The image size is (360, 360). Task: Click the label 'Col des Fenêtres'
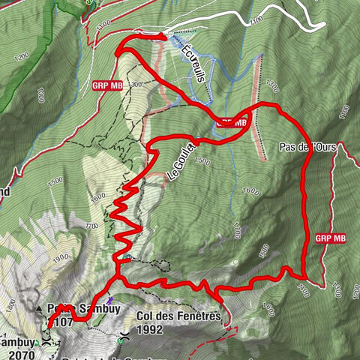tap(179, 316)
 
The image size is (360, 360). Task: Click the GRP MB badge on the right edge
tap(331, 238)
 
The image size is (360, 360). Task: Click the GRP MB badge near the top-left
tap(109, 85)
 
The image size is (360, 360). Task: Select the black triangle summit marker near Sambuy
tap(39, 308)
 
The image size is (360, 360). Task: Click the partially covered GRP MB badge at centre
tap(232, 121)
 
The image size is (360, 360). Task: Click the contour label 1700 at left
tap(92, 225)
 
